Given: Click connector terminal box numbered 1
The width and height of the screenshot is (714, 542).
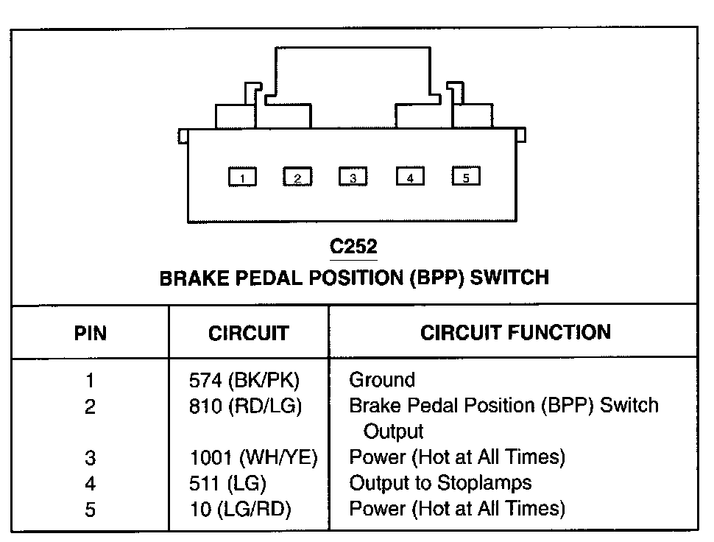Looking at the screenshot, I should coord(242,177).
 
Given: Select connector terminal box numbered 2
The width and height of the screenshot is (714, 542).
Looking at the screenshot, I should coord(297,177).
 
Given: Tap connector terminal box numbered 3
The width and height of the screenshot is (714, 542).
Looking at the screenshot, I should coord(353,177).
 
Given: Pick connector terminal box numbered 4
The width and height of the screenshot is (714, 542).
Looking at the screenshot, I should coord(410,177).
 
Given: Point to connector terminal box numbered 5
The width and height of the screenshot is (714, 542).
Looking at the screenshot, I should coord(466,177).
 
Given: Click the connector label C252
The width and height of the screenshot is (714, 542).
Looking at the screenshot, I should coord(354,245).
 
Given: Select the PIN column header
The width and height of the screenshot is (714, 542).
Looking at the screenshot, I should coord(91,334).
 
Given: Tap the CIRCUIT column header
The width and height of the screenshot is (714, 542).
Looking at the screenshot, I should coord(248,334).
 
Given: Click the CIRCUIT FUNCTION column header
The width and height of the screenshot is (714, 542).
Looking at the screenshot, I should coord(515,332).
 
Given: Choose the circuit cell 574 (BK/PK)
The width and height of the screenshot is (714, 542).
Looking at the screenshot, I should coord(245,381).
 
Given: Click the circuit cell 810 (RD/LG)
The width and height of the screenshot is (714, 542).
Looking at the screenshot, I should coord(245,406).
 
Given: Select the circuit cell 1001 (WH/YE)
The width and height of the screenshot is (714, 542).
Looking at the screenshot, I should coord(253,457).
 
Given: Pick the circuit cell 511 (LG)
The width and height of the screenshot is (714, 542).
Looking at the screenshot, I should coord(227,483).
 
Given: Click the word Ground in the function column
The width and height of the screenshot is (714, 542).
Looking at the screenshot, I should coord(382,381).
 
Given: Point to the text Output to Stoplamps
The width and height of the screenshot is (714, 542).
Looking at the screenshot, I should coord(440,483).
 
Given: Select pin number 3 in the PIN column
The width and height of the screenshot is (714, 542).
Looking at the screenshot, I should coord(90,458).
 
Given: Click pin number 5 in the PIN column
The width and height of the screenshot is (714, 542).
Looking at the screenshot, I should coord(90,509).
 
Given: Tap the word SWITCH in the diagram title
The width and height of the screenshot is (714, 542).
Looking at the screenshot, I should coord(509,278).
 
